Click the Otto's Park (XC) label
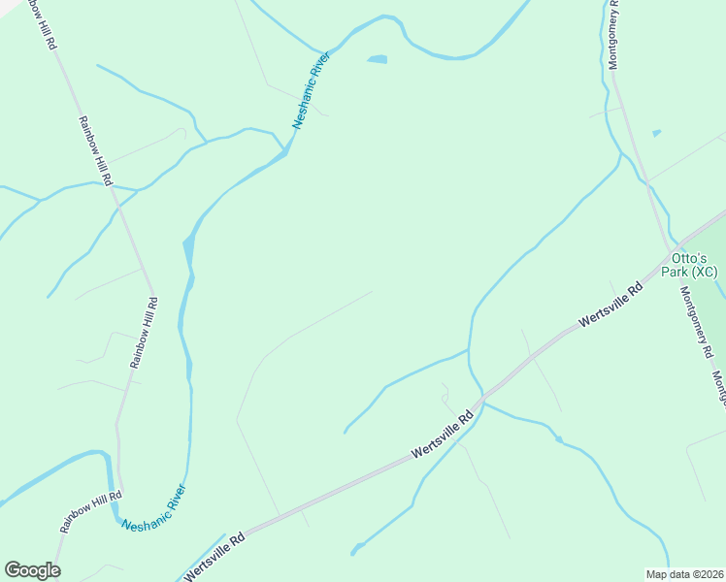[x=689, y=264]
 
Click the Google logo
[x=32, y=570]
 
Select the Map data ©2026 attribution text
[x=685, y=574]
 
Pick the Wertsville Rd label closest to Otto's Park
[x=610, y=304]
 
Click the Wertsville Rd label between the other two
[x=443, y=434]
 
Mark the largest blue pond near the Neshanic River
[x=377, y=60]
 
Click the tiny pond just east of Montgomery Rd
[x=657, y=133]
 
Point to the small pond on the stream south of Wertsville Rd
[x=558, y=440]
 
